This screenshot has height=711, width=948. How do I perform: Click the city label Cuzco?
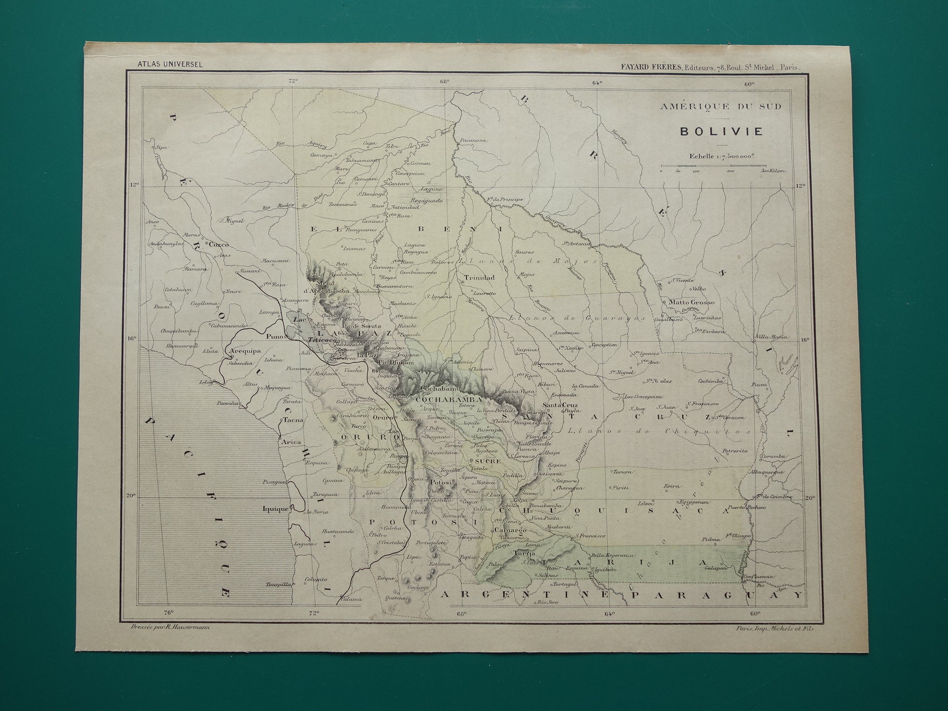click(x=218, y=245)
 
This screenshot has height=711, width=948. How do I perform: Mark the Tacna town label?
click(x=293, y=419)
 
